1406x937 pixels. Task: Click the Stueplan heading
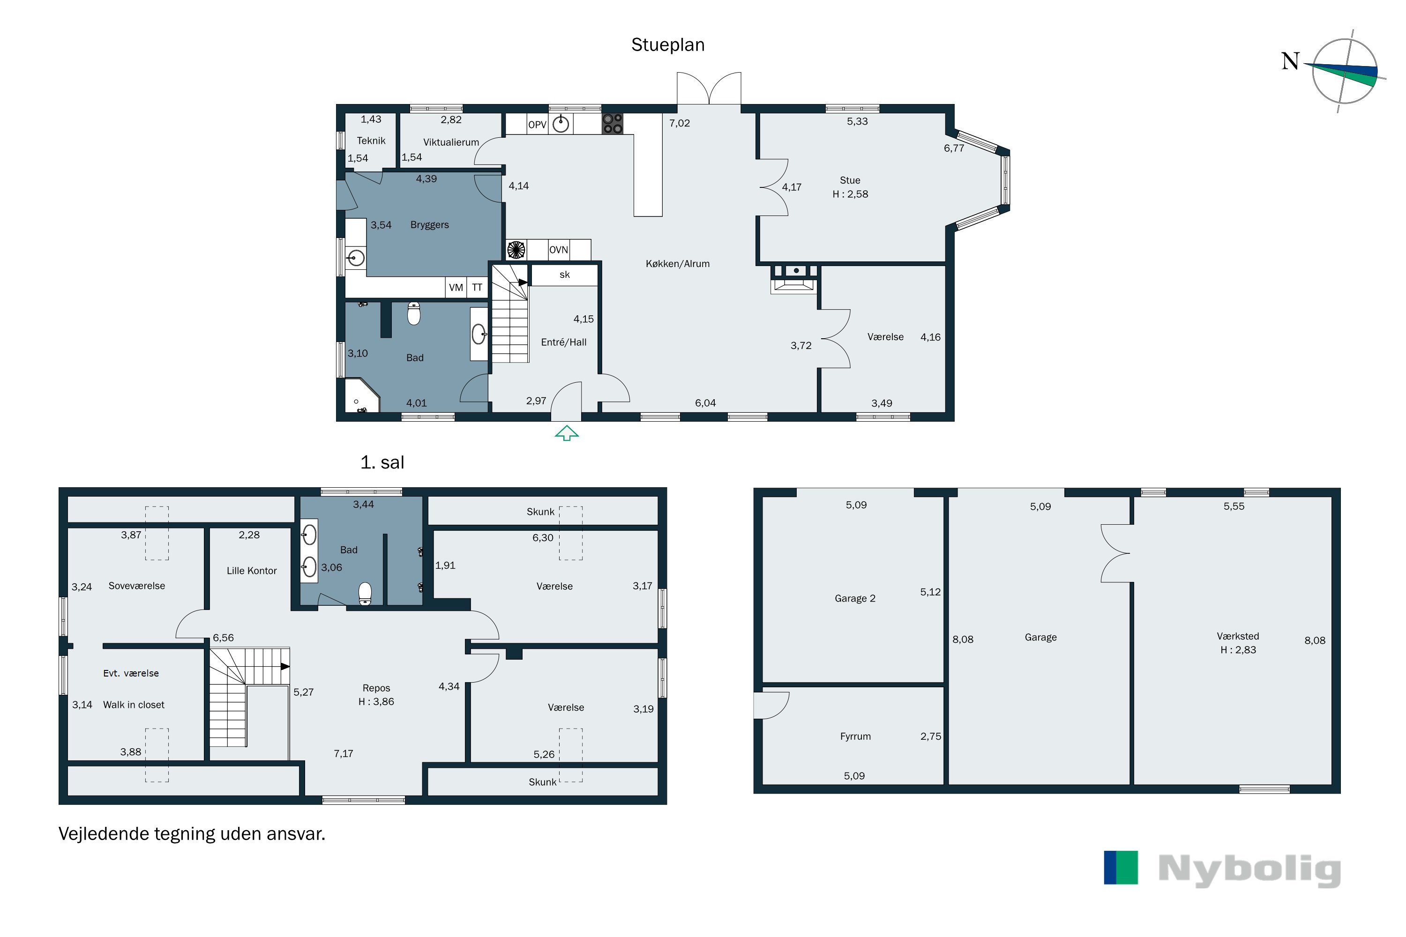[668, 45]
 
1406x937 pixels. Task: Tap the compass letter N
[1291, 61]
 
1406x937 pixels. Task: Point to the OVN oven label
[558, 249]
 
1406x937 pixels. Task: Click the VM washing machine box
[456, 288]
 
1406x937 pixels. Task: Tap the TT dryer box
[477, 288]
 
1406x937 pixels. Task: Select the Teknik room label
[371, 141]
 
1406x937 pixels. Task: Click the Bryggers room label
[429, 225]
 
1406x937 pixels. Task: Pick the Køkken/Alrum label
[677, 263]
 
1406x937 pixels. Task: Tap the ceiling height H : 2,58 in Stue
[850, 193]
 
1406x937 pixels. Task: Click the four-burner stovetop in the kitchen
[612, 123]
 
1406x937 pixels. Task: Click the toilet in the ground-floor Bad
[414, 313]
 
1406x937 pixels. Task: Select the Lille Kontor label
[252, 571]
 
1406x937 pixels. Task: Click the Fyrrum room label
[855, 736]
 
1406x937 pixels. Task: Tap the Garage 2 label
[855, 598]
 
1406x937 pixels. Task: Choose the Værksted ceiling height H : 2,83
[1238, 649]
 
